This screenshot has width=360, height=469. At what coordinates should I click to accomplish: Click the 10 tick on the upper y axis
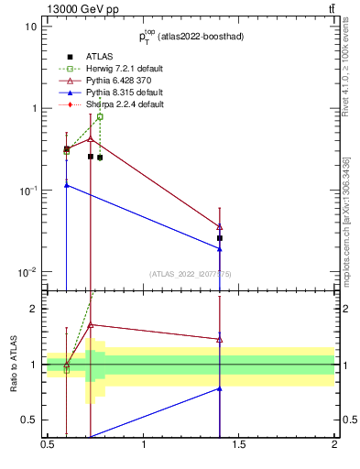[x=31, y=26]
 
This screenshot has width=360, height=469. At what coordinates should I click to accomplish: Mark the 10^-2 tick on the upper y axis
[x=27, y=272]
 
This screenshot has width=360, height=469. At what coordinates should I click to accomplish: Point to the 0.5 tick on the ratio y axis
[x=29, y=420]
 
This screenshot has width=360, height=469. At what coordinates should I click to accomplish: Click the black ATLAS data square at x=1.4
[x=220, y=238]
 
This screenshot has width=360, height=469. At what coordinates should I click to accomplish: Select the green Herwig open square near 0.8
[x=100, y=117]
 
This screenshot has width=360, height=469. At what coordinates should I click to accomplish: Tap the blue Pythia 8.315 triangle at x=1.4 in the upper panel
[x=220, y=249]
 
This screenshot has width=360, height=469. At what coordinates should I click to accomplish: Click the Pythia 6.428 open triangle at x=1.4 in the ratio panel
[x=220, y=339]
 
